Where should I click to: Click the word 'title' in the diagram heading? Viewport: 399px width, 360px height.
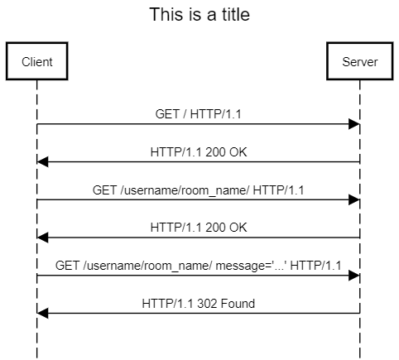(232, 15)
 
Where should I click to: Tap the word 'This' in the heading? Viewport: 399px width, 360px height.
(164, 15)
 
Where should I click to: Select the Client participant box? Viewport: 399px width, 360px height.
(37, 62)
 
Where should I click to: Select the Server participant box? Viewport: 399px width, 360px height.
(360, 62)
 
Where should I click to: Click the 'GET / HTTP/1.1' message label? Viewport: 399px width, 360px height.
(199, 114)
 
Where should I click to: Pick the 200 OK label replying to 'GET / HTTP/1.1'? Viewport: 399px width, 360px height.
(199, 152)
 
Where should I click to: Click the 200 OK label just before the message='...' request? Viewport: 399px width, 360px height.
(199, 228)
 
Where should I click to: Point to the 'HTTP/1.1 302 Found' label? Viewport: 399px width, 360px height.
(199, 304)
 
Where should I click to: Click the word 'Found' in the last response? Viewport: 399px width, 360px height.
(238, 304)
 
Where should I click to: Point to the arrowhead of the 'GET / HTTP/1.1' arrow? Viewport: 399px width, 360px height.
(354, 124)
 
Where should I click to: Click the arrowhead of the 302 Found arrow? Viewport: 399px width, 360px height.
(43, 314)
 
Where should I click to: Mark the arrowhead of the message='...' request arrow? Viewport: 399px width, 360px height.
(354, 276)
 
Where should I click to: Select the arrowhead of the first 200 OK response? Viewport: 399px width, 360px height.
(43, 162)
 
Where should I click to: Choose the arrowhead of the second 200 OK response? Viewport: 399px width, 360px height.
(43, 238)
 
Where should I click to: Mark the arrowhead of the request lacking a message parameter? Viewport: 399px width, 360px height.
(354, 200)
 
